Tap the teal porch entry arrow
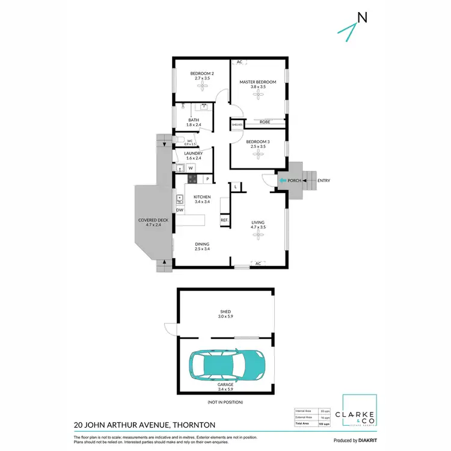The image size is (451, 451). coord(283,180)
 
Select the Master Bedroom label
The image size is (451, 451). coord(257,82)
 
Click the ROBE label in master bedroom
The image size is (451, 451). coord(264,122)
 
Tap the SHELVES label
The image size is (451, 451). coord(237,124)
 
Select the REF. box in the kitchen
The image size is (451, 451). coord(224,221)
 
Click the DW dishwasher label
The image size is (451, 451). coord(179,210)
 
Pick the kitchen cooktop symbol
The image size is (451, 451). coord(192,179)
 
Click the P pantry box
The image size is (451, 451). coord(207,179)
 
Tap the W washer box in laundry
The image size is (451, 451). coord(190,168)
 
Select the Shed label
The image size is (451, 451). coord(226,312)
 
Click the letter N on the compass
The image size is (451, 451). coord(362,18)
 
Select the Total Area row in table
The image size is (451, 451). coord(314,424)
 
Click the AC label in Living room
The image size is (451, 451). coord(258,263)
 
